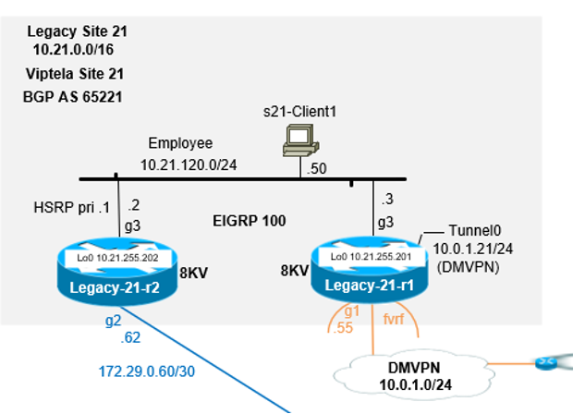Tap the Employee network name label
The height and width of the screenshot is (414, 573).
pyautogui.click(x=181, y=143)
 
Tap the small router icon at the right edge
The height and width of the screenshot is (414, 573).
pyautogui.click(x=558, y=363)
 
